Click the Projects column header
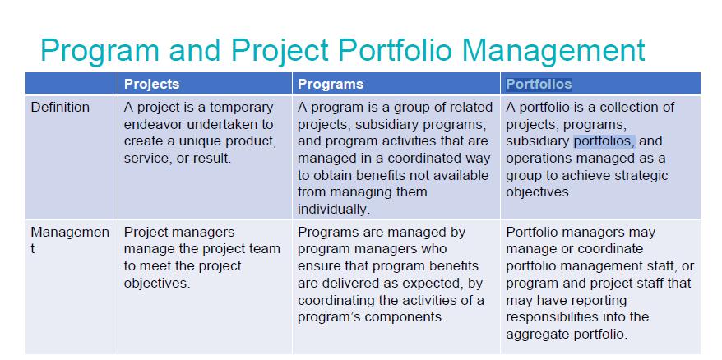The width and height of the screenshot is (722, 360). tap(151, 84)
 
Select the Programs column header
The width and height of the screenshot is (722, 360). tap(330, 84)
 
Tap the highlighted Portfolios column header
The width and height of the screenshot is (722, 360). tap(539, 84)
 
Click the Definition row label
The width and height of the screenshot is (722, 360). tap(60, 107)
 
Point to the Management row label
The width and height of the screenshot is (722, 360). tap(69, 233)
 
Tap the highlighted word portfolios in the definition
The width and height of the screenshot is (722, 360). tap(604, 141)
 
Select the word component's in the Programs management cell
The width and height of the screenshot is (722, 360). tap(408, 316)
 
